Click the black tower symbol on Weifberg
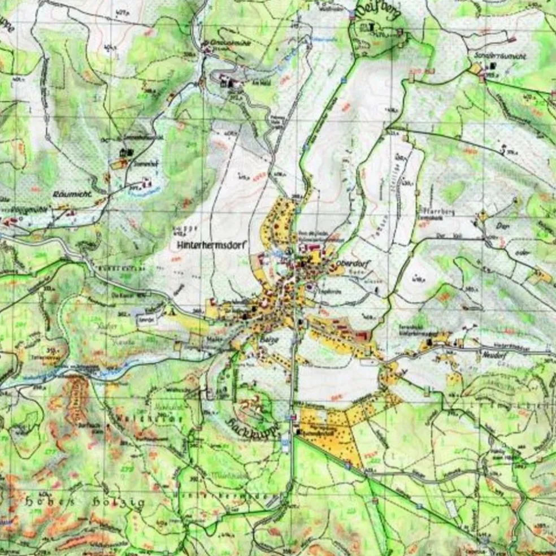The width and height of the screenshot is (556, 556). [x=372, y=27]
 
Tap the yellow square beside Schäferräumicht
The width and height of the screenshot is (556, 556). [x=475, y=68]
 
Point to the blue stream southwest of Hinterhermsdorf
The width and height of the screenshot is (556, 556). [x=107, y=373]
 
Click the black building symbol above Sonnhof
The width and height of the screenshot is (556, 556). [x=123, y=153]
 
